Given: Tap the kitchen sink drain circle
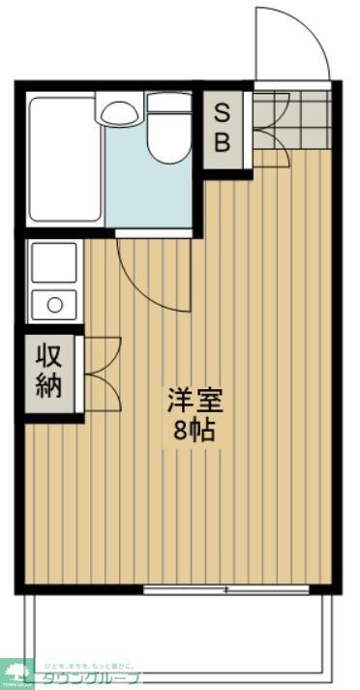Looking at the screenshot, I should click(54, 306).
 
